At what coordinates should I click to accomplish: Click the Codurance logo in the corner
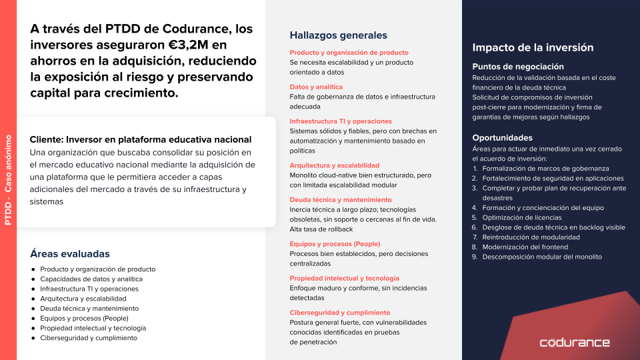click(574, 343)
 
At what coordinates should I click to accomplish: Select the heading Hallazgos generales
click(338, 35)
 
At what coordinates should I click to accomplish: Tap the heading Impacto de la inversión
click(533, 47)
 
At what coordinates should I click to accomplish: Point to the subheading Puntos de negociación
click(518, 67)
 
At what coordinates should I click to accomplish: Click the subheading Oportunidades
click(502, 138)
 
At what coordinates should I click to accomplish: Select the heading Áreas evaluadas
click(70, 254)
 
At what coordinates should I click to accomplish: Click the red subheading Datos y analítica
click(316, 87)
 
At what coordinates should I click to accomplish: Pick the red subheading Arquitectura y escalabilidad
click(334, 165)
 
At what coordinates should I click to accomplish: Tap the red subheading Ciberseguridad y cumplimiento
click(339, 313)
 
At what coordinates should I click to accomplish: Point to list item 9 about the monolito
click(541, 257)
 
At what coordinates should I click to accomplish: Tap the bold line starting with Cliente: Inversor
click(141, 140)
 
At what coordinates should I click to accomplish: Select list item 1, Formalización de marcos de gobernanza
click(545, 168)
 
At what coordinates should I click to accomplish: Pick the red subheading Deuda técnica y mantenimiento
click(341, 200)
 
